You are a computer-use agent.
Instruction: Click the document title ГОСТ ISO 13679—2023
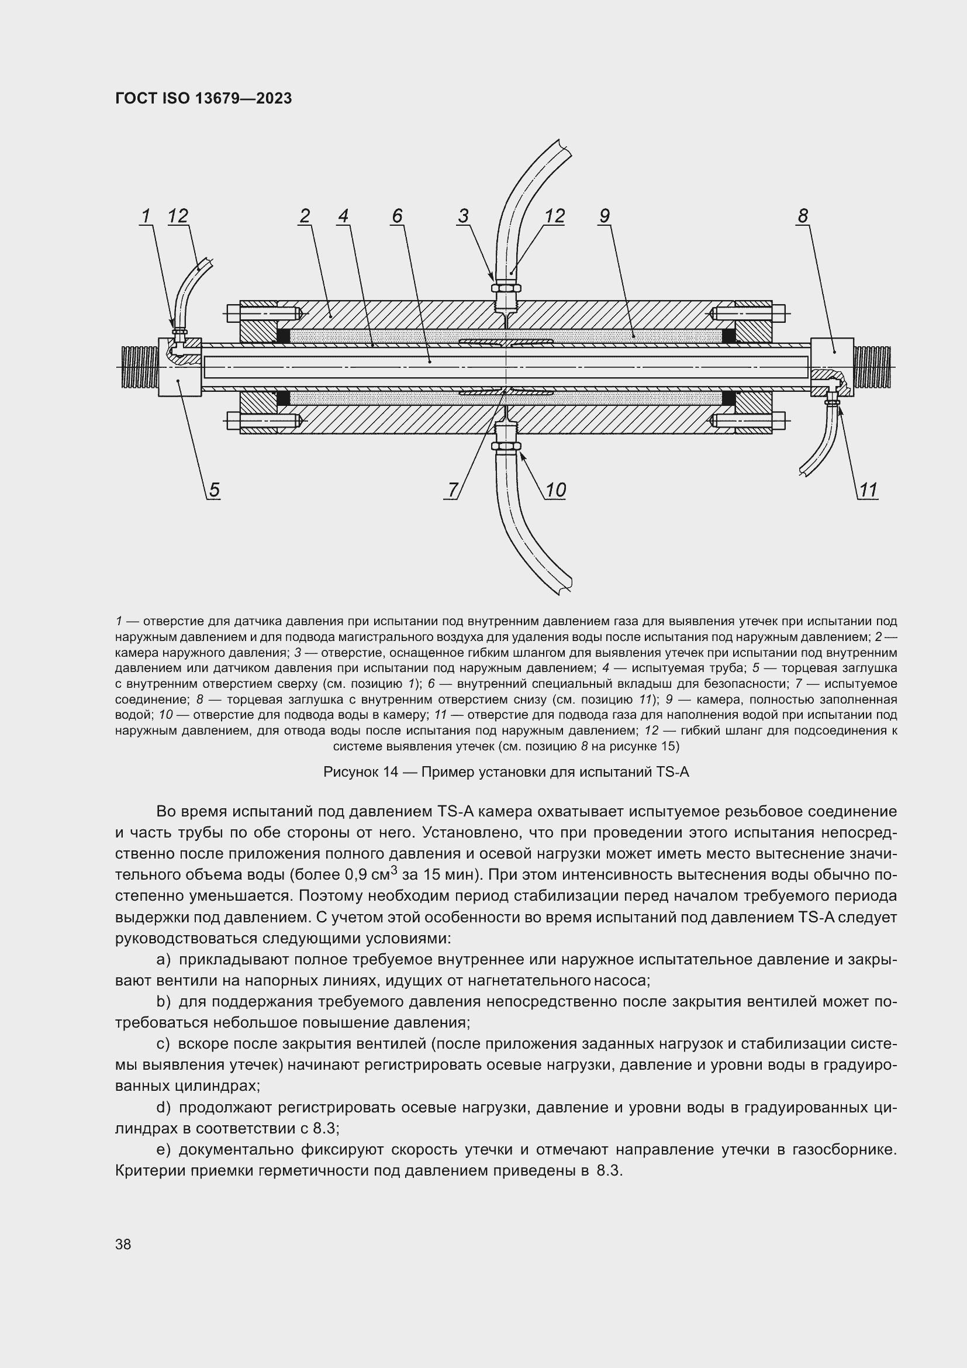(203, 98)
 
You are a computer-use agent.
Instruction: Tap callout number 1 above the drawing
(146, 216)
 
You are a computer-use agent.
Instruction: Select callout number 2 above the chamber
(305, 216)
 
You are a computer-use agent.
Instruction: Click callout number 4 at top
(343, 216)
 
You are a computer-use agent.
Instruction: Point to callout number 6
(397, 216)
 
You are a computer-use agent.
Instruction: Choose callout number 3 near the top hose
(463, 216)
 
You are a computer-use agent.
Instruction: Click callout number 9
(605, 216)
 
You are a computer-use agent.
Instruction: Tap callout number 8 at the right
(803, 216)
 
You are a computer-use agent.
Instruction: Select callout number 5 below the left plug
(214, 490)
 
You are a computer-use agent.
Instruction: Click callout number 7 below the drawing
(453, 490)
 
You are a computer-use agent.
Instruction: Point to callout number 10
(555, 490)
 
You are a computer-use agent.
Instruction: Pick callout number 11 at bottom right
(868, 490)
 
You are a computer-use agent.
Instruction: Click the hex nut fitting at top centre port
(506, 288)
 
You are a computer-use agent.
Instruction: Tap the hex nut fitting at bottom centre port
(506, 446)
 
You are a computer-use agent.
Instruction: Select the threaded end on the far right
(873, 367)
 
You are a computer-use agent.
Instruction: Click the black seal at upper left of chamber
(284, 336)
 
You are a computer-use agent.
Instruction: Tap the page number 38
(123, 1244)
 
